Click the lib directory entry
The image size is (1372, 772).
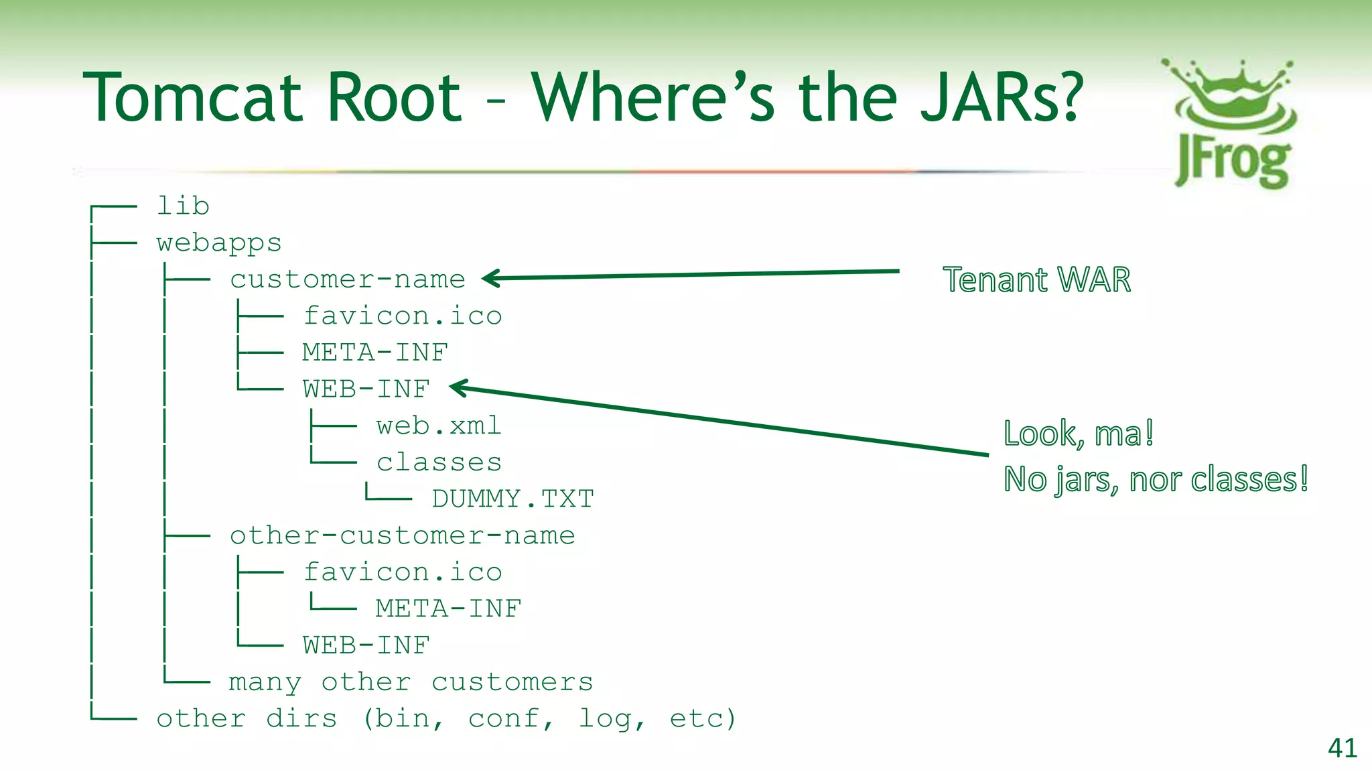point(183,206)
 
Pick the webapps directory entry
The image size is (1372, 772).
point(219,243)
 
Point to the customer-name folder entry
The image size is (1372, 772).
point(347,279)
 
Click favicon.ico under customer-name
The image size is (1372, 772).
point(402,316)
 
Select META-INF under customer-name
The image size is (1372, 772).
point(374,352)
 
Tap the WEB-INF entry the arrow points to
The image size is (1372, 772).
point(366,389)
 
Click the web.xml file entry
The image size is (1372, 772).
point(439,426)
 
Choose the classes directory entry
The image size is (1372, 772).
point(439,462)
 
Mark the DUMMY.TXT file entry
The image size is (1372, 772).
point(512,499)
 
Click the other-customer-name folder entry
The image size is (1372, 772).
point(402,535)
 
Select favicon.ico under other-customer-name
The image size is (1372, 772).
point(402,572)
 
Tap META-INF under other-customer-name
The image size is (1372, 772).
point(448,608)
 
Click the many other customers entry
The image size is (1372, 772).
point(411,682)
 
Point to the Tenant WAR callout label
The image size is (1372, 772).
point(1036,280)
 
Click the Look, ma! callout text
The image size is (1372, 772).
point(1079,434)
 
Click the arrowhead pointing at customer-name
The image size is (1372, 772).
point(490,278)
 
